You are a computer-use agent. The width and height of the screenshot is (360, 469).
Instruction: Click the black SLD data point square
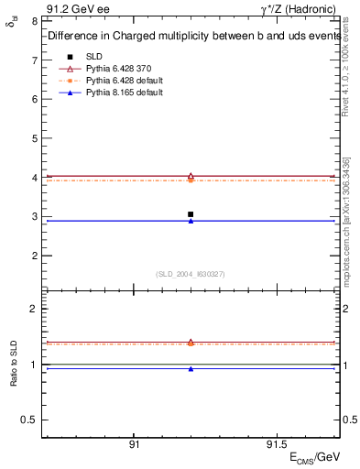point(190,214)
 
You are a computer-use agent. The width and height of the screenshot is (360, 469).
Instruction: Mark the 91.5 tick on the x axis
point(273,443)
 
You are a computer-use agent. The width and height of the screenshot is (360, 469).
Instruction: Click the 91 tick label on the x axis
point(134,443)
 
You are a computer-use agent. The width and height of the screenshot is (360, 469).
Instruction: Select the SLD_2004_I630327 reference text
point(191,274)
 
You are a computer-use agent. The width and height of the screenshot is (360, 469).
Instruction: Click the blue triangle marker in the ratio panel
point(190,369)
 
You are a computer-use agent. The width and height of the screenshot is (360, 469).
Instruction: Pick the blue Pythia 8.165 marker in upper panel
point(190,221)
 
